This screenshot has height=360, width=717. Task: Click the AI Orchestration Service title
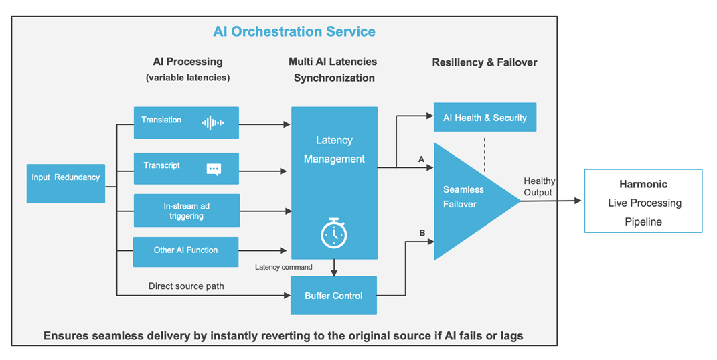pyautogui.click(x=294, y=31)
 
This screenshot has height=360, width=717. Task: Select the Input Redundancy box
pyautogui.click(x=66, y=183)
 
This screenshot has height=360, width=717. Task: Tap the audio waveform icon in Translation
pyautogui.click(x=213, y=122)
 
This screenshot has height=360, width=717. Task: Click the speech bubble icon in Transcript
pyautogui.click(x=214, y=169)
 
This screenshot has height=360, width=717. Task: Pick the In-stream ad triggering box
pyautogui.click(x=187, y=211)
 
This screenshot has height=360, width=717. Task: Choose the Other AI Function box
pyautogui.click(x=185, y=252)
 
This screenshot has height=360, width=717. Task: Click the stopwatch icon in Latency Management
pyautogui.click(x=334, y=234)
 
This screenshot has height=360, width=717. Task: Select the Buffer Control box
pyautogui.click(x=334, y=296)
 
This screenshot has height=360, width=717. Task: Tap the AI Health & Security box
pyautogui.click(x=485, y=117)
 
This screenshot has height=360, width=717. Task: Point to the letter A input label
pyautogui.click(x=421, y=159)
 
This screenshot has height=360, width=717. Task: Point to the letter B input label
pyautogui.click(x=422, y=233)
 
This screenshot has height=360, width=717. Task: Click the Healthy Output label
pyautogui.click(x=539, y=187)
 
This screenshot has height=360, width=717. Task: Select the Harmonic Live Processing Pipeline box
pyautogui.click(x=643, y=201)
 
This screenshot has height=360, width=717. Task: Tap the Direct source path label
pyautogui.click(x=186, y=286)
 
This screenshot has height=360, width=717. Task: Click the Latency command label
pyautogui.click(x=283, y=267)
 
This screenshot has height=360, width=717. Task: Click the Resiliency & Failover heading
pyautogui.click(x=485, y=62)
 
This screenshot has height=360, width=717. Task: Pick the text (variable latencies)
pyautogui.click(x=188, y=78)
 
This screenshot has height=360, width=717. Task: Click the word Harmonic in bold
pyautogui.click(x=643, y=184)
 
